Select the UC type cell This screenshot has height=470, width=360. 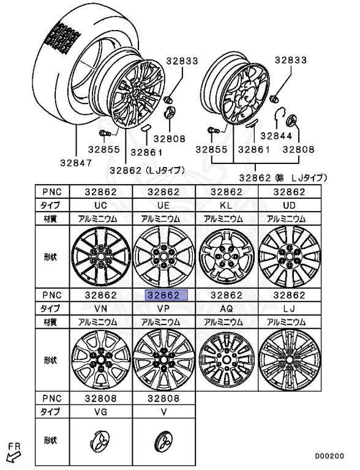coord(101,206)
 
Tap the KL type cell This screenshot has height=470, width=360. coord(227,206)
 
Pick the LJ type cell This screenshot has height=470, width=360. coord(290,308)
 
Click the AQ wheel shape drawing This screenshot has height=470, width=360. coord(227,360)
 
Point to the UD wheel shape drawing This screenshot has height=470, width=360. coord(290,257)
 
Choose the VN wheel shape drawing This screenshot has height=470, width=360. coord(101,360)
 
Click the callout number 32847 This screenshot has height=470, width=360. coord(76,163)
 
